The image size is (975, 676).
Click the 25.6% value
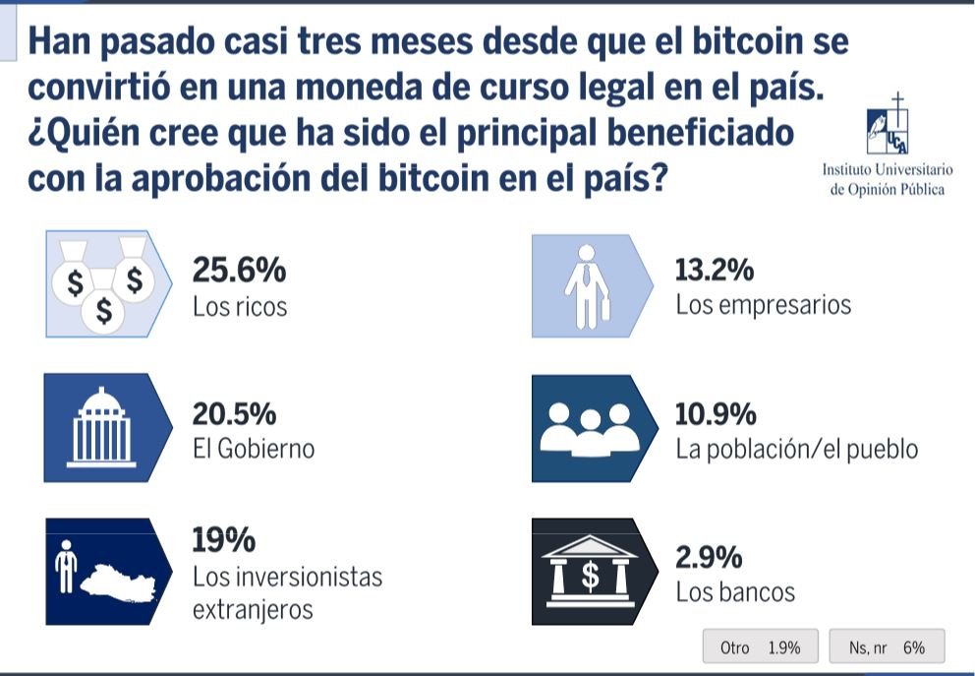pyautogui.click(x=240, y=269)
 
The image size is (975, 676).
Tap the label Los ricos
pyautogui.click(x=240, y=306)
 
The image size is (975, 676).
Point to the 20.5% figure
pyautogui.click(x=240, y=413)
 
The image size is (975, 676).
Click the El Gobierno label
pyautogui.click(x=254, y=450)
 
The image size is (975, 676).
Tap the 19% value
pyautogui.click(x=224, y=540)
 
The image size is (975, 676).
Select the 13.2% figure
pyautogui.click(x=715, y=269)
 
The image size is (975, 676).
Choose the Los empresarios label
pyautogui.click(x=763, y=305)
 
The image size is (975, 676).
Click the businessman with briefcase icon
pyautogui.click(x=587, y=284)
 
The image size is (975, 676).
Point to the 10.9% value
pyautogui.click(x=716, y=413)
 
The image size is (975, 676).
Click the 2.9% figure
pyautogui.click(x=708, y=558)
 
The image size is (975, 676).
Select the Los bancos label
pyautogui.click(x=735, y=593)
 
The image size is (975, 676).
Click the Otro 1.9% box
pyautogui.click(x=760, y=647)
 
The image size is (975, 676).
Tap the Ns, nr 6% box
pyautogui.click(x=887, y=647)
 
